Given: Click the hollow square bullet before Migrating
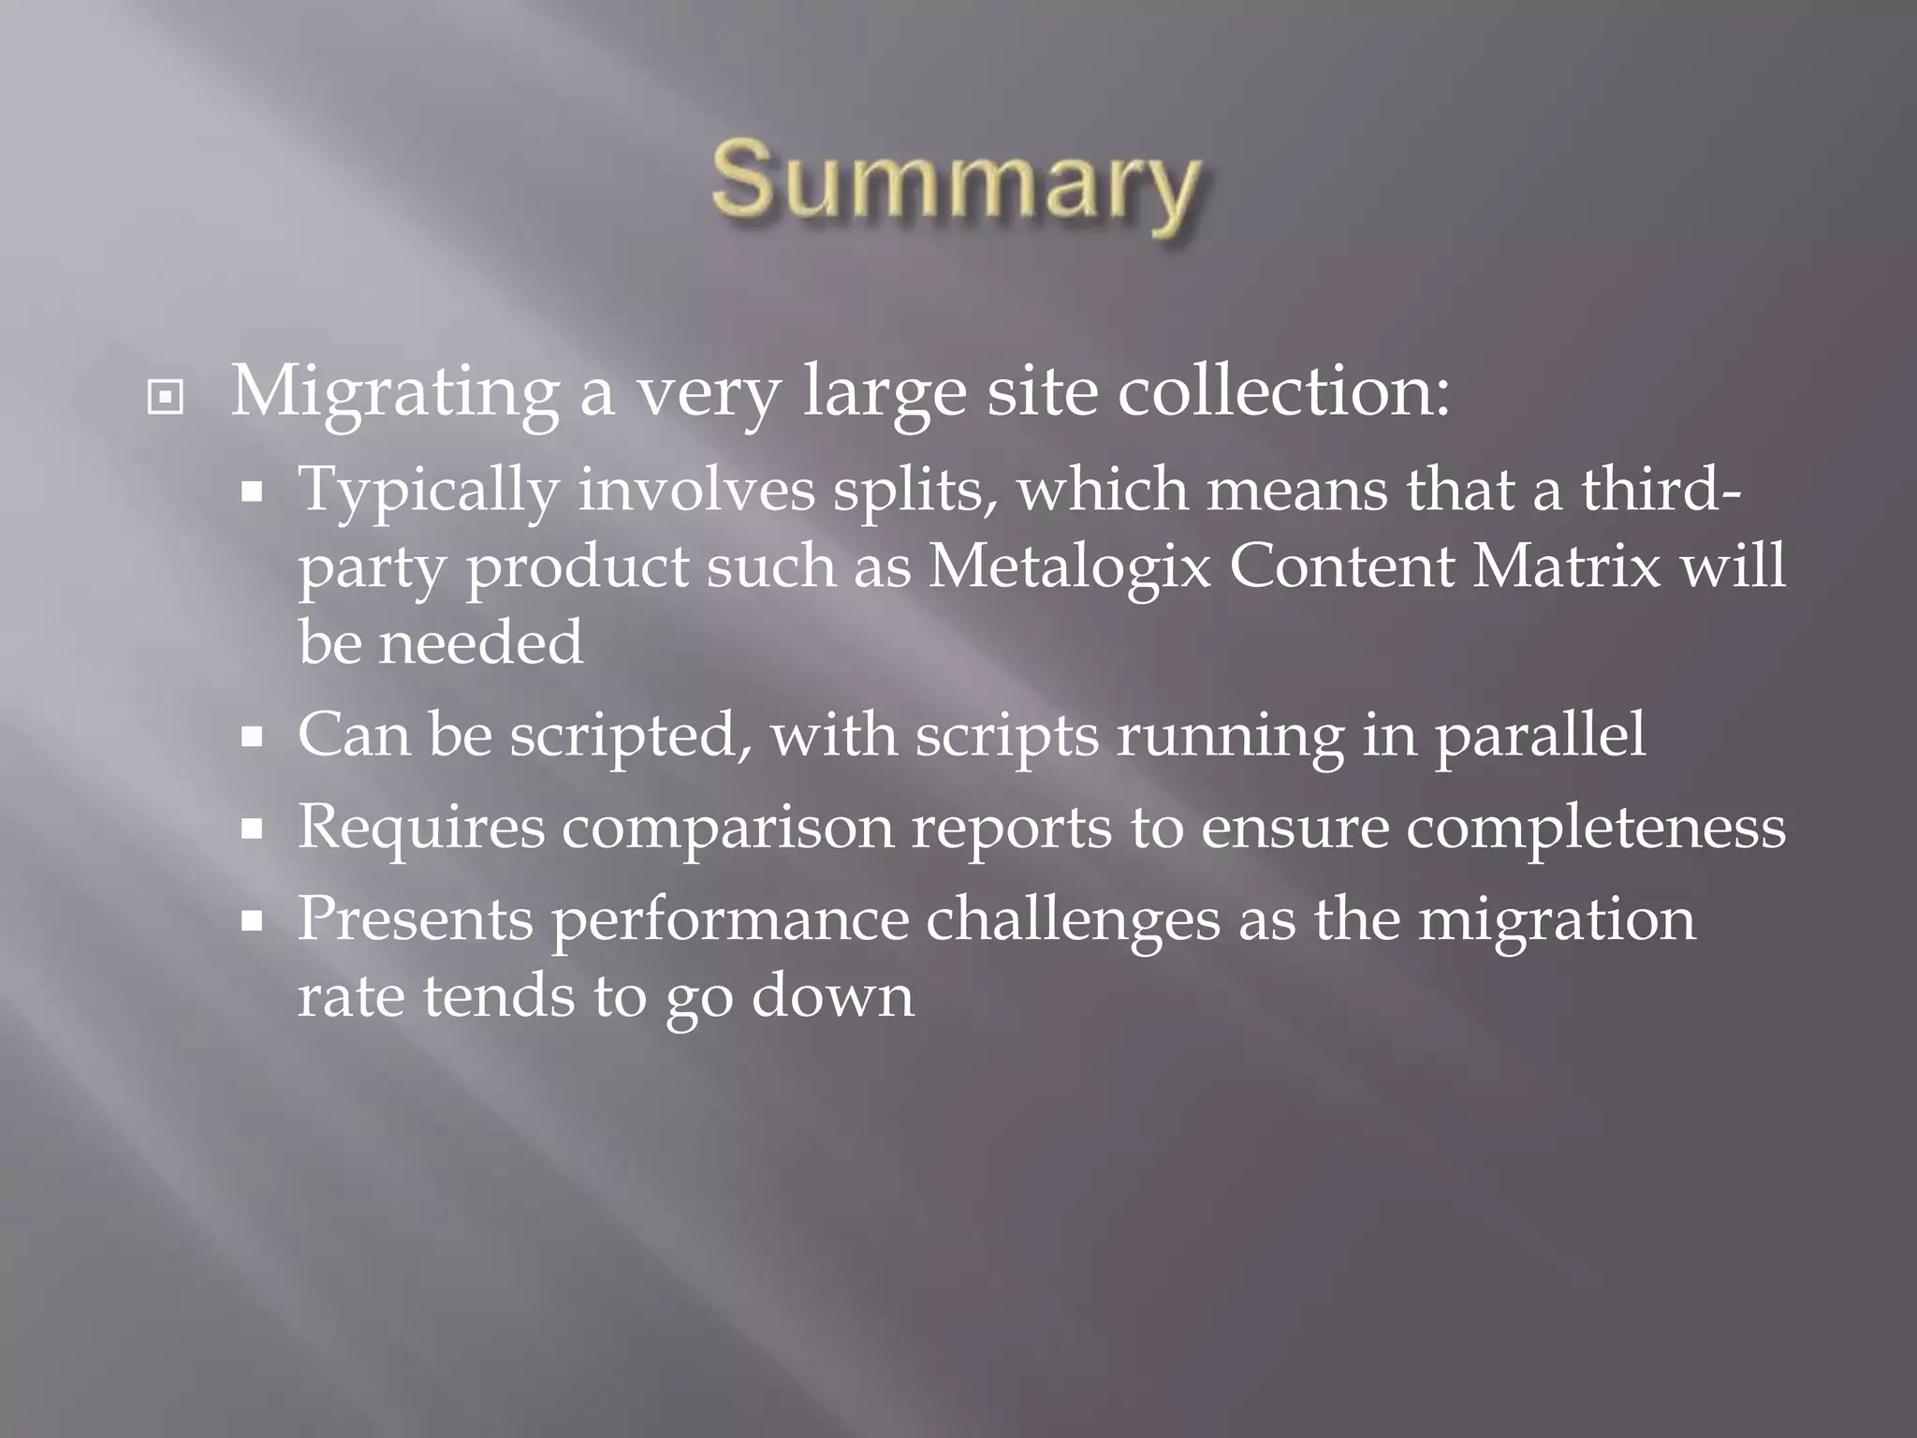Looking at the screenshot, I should [166, 398].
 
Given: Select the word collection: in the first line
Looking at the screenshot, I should [1283, 391].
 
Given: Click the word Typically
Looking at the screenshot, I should [428, 492].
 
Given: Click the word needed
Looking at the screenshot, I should [480, 642].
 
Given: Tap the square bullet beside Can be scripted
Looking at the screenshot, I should [252, 738].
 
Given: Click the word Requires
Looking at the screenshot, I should [420, 829].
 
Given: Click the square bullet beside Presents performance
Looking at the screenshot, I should [252, 921].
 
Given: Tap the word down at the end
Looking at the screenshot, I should [832, 995].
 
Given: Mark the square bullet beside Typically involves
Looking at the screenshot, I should [252, 492].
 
